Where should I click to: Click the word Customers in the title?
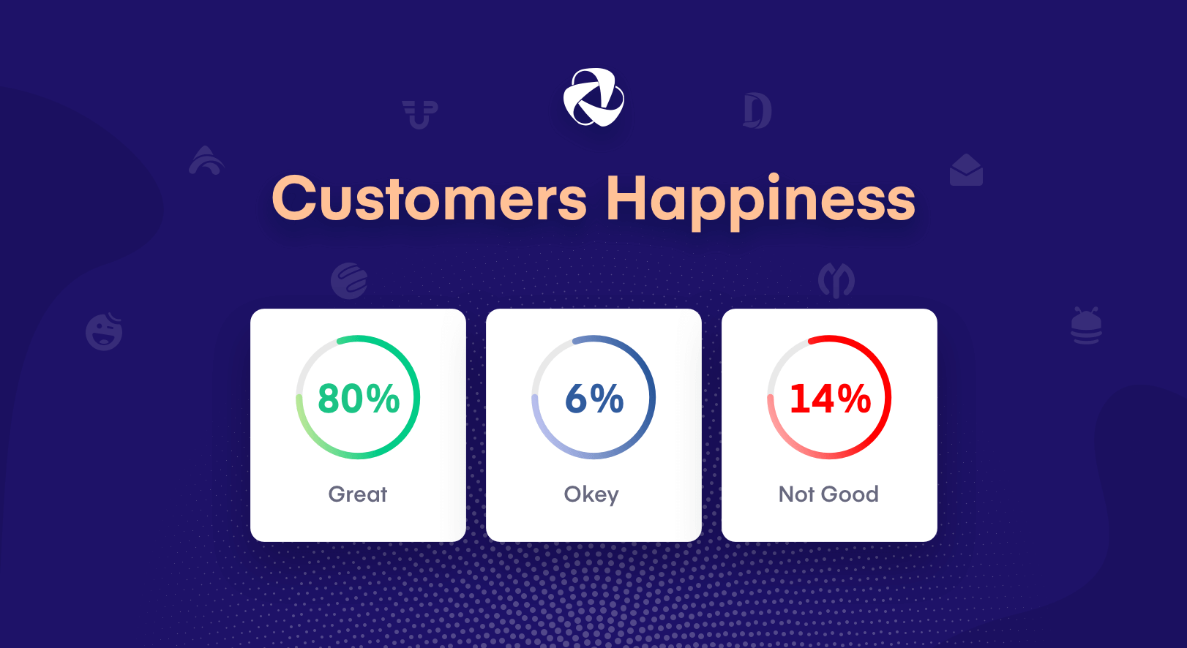tap(430, 199)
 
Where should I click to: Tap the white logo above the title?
tap(593, 97)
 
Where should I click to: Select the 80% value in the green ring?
tap(359, 399)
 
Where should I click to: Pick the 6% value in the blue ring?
tap(594, 399)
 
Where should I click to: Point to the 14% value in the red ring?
tap(830, 399)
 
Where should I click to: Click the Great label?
tap(358, 494)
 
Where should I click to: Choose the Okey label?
tap(591, 495)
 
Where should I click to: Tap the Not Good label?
tap(828, 494)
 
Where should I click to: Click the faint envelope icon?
tap(966, 170)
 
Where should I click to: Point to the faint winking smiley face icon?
tap(104, 331)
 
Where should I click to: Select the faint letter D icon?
tap(757, 111)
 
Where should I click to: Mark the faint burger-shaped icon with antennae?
tap(1086, 326)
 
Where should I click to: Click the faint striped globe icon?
tap(349, 281)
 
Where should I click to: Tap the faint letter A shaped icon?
tap(206, 160)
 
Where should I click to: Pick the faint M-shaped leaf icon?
tap(836, 280)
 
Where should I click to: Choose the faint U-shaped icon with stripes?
tap(420, 114)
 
